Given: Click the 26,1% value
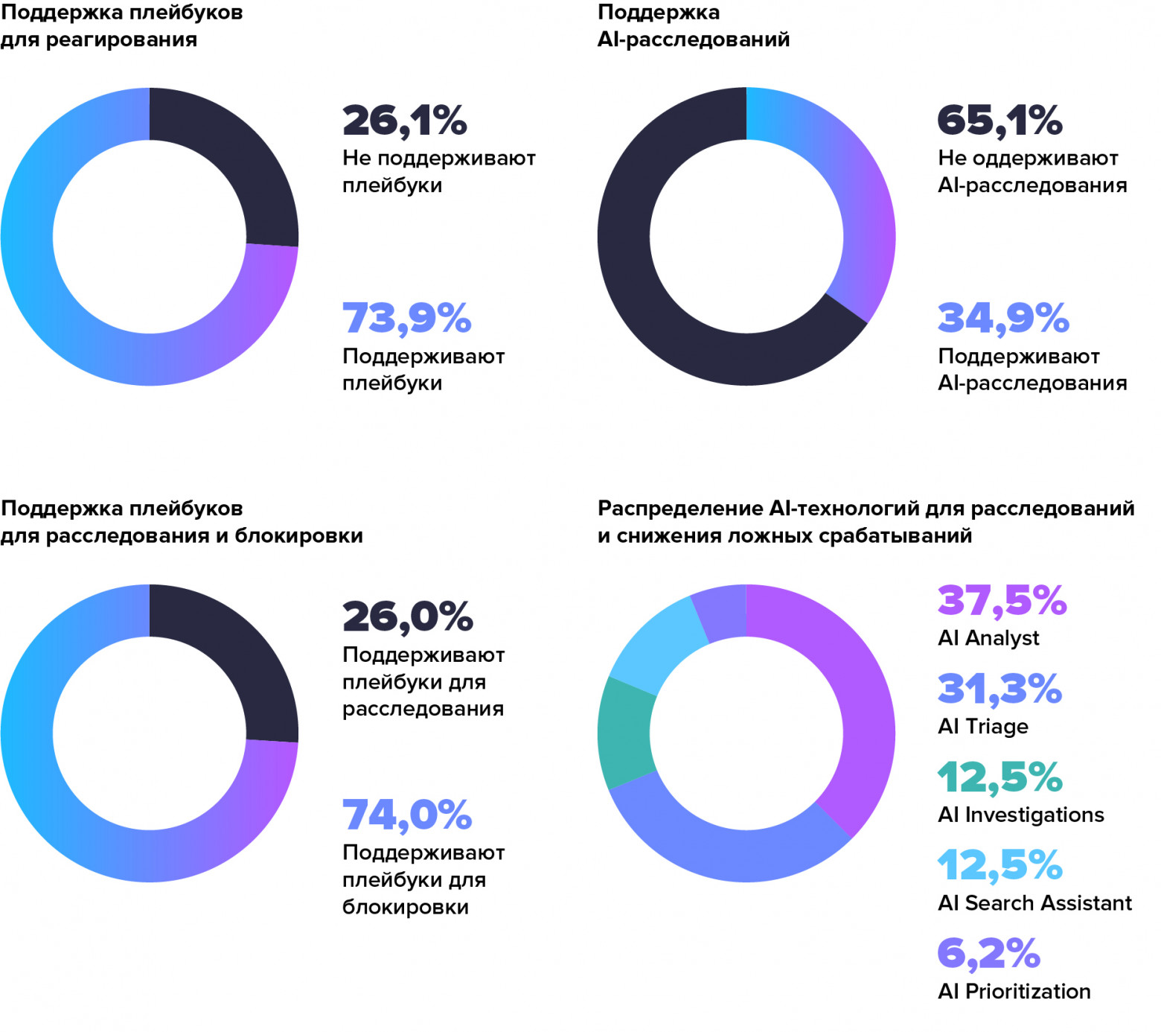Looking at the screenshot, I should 404,121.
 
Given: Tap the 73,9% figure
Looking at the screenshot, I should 406,318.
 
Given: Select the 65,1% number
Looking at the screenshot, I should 1000,121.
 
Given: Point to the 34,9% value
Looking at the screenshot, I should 1002,318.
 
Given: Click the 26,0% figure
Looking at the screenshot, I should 407,617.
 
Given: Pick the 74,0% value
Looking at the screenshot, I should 406,815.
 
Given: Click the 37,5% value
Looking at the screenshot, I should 1002,600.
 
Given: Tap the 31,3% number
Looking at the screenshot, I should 999,689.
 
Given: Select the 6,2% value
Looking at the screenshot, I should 988,954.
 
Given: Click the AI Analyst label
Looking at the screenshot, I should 988,638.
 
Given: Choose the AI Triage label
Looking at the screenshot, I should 982,726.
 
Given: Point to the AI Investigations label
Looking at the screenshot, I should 1020,815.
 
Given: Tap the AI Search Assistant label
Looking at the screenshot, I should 1034,903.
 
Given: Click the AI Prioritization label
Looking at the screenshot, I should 1014,992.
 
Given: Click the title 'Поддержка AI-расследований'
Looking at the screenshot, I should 693,26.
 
